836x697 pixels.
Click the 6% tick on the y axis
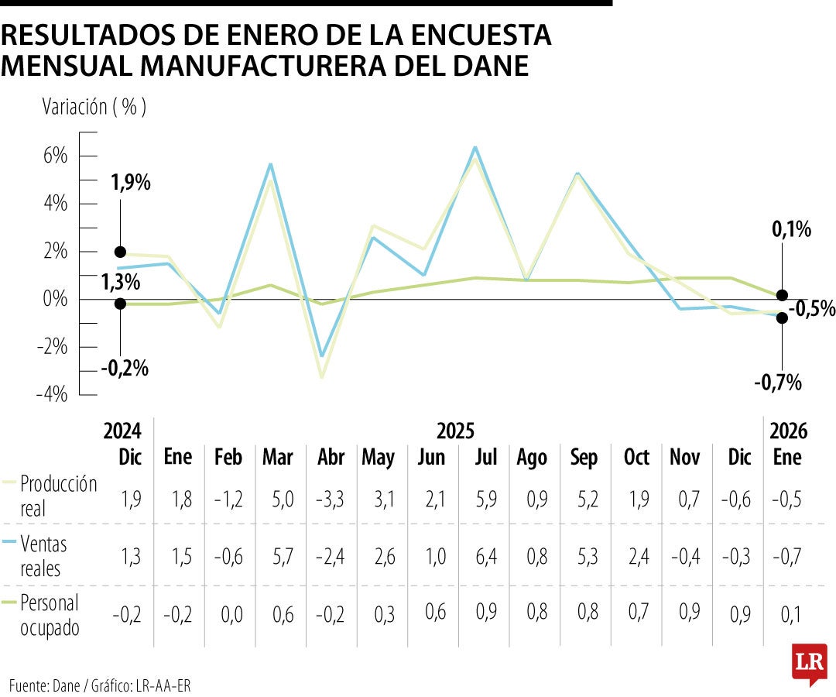56,156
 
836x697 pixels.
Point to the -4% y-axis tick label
52,395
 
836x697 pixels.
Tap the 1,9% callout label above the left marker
131,184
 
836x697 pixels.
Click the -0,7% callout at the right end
779,382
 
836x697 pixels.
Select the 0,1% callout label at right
790,229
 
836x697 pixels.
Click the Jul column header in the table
485,458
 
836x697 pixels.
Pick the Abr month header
331,458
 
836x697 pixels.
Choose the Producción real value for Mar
277,498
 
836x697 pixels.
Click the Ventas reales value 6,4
485,556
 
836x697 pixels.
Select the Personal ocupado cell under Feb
230,615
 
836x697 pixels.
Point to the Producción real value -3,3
331,498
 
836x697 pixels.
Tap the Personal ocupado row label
50,615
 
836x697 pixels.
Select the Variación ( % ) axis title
94,107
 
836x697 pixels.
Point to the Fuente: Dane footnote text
100,685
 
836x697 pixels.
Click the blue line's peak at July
475,147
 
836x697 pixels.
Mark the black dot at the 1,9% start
120,252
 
